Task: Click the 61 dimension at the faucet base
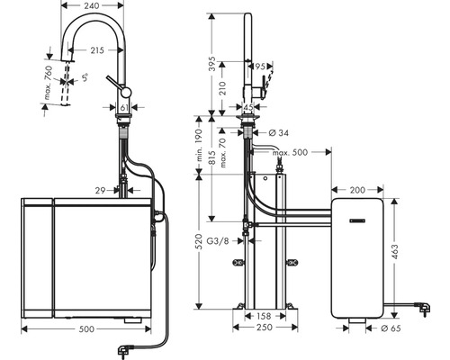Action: [124, 107]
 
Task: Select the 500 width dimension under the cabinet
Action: [85, 330]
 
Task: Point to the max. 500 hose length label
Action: [290, 152]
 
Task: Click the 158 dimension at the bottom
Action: [263, 316]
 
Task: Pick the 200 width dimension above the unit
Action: [357, 191]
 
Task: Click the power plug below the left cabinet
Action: [119, 347]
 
